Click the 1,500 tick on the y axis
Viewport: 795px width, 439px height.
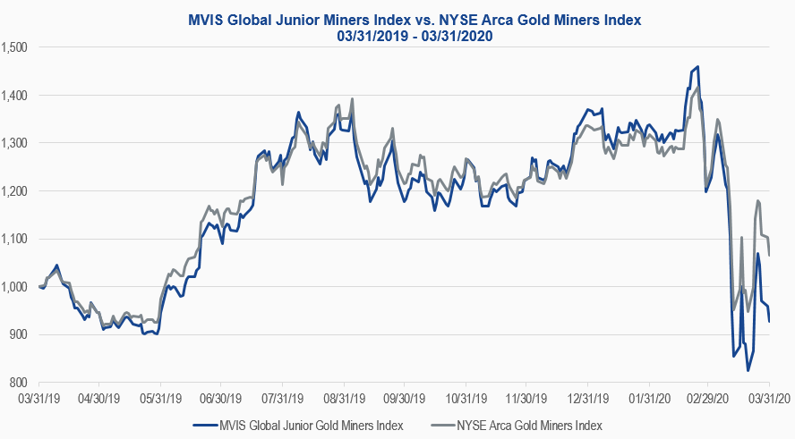coord(15,46)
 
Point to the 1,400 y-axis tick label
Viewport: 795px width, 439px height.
coord(15,95)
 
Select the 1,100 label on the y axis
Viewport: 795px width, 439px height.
coord(15,239)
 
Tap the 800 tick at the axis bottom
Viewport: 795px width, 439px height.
coord(20,383)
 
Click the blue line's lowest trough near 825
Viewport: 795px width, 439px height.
coord(748,370)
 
